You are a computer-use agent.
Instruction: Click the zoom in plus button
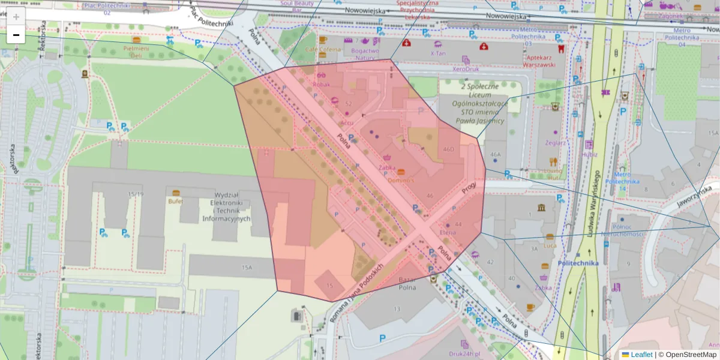16,17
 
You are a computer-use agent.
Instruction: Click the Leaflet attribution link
641,355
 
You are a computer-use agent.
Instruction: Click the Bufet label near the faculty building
175,202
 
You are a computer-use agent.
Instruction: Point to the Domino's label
401,180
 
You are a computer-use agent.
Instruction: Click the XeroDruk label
466,69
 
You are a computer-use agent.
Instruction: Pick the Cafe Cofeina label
322,50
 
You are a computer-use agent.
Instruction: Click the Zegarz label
555,143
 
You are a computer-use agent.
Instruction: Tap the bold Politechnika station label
578,263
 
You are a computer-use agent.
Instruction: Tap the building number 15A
247,267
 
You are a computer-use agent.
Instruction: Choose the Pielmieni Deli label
136,51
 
